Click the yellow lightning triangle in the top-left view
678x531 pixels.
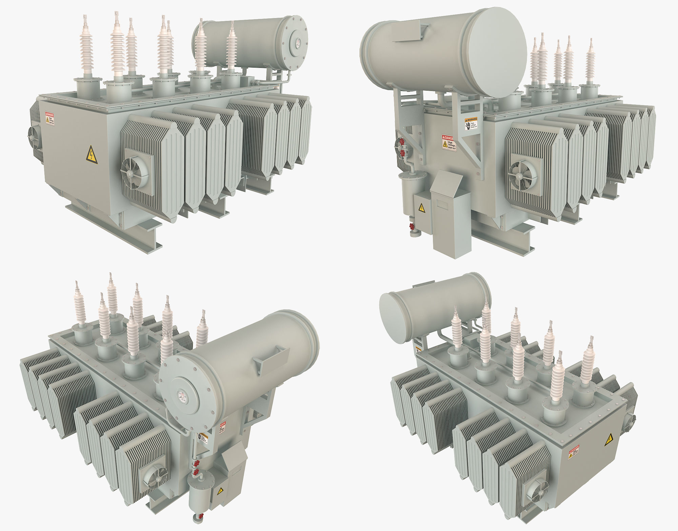click(92, 155)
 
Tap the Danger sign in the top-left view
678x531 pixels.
click(50, 119)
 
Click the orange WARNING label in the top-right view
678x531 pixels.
click(471, 123)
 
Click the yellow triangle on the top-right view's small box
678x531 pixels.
click(421, 208)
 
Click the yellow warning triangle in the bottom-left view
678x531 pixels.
click(220, 490)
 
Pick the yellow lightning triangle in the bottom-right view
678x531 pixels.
click(609, 440)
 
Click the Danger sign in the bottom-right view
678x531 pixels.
click(574, 452)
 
